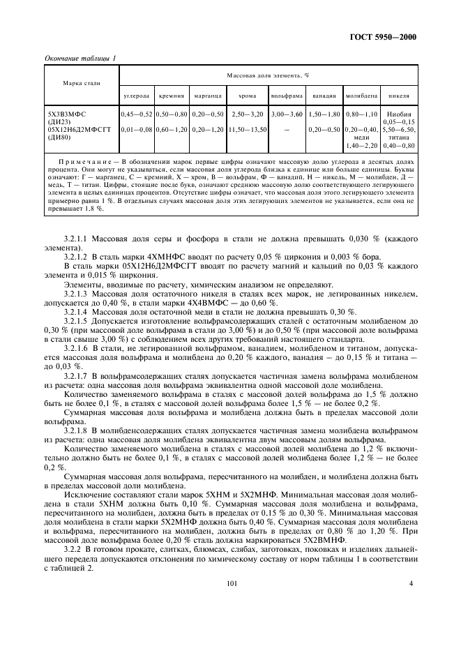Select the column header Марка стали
pyautogui.click(x=82, y=83)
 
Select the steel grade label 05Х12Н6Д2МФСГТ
pyautogui.click(x=77, y=129)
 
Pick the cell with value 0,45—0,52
pyautogui.click(x=137, y=114)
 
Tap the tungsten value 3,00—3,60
pyautogui.click(x=287, y=114)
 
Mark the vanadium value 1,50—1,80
pyautogui.click(x=324, y=114)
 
